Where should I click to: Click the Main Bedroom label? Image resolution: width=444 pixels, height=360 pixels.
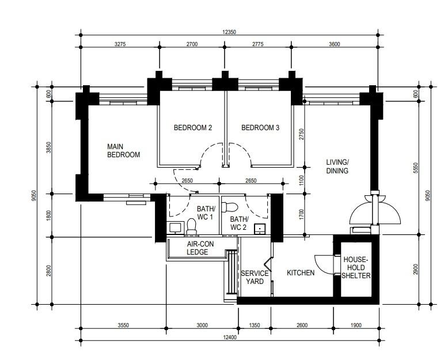[123, 151]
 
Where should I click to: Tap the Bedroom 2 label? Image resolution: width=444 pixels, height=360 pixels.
[193, 128]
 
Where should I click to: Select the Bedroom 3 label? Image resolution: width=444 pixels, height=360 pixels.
[260, 128]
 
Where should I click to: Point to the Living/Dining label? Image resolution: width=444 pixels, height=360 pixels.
[337, 166]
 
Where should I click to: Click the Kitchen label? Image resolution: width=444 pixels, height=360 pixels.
[301, 272]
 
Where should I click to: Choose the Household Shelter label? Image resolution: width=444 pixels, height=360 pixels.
[356, 268]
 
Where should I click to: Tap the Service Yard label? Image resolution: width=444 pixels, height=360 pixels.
[255, 277]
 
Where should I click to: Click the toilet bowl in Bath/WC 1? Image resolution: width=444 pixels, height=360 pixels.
[191, 226]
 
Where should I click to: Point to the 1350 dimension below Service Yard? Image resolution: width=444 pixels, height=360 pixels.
[254, 325]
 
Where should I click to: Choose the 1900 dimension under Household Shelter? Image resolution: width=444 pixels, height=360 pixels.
[355, 325]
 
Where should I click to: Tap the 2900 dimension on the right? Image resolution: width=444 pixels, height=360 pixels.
[416, 270]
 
